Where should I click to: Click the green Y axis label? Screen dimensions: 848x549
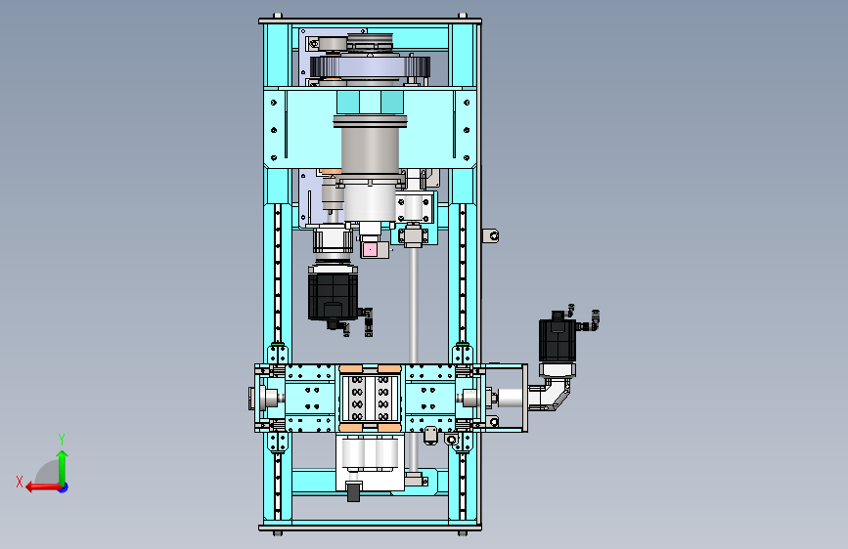pyautogui.click(x=62, y=439)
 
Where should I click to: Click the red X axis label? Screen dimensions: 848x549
pyautogui.click(x=20, y=482)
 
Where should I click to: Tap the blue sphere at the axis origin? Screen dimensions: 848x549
pyautogui.click(x=64, y=487)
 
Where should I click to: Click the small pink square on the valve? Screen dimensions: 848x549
pyautogui.click(x=370, y=250)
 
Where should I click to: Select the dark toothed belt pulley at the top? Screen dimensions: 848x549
pyautogui.click(x=370, y=67)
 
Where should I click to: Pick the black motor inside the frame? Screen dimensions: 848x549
pyautogui.click(x=333, y=294)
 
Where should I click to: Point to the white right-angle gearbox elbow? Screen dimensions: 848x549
pyautogui.click(x=549, y=395)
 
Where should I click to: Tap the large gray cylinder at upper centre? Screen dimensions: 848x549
pyautogui.click(x=371, y=146)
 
